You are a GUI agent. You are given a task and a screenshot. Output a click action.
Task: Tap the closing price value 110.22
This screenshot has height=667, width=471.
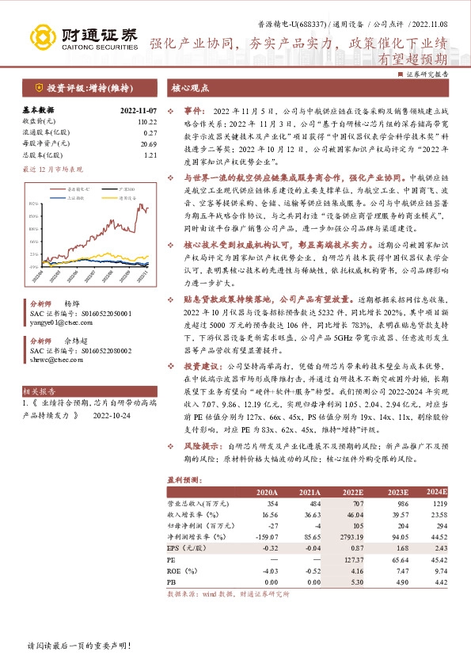[147, 121]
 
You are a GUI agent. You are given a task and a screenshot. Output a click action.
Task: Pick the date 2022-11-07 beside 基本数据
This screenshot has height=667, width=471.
[139, 110]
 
